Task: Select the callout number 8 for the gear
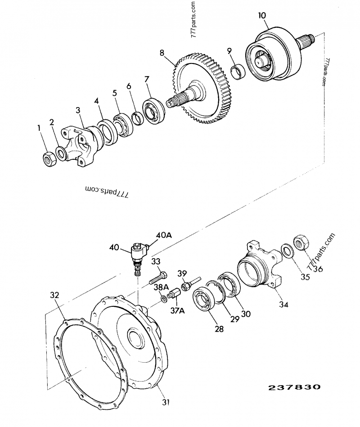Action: click(162, 53)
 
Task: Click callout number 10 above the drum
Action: click(262, 15)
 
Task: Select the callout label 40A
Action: click(163, 235)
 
